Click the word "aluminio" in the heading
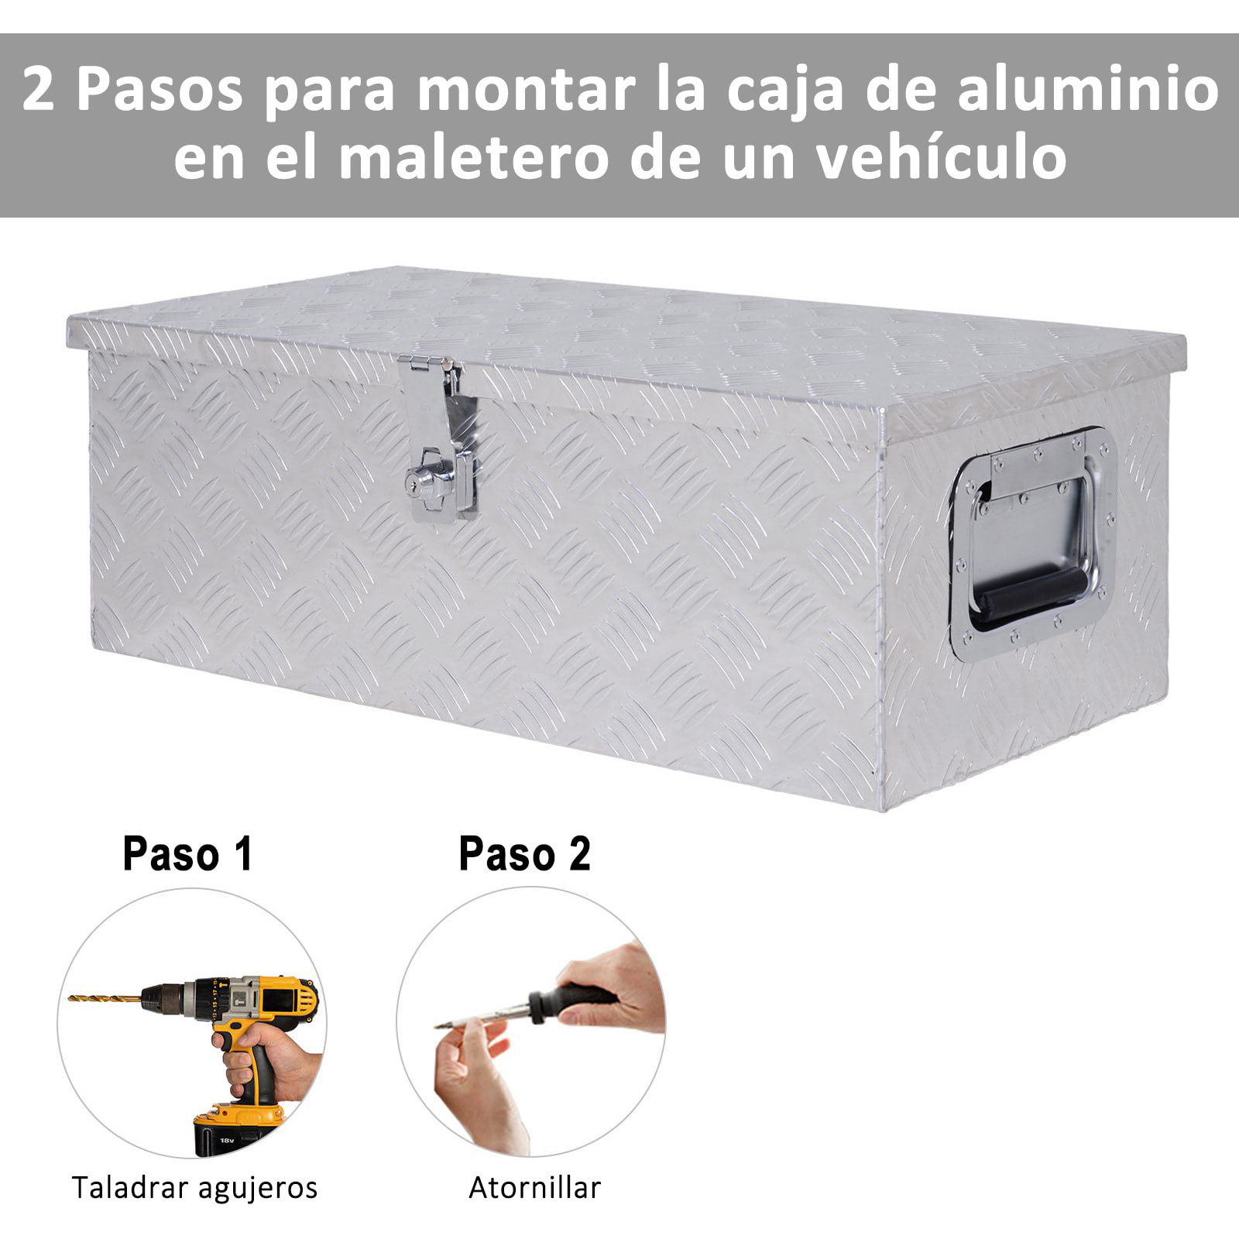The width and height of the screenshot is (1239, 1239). pos(1088,90)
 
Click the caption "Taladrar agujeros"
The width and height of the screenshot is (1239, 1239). pos(194,1187)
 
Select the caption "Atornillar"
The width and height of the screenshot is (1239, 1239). pos(534,1187)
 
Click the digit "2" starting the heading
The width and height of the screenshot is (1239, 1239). pos(38,90)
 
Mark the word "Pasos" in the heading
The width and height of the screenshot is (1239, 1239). pos(160,90)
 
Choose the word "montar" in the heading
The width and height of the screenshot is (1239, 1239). pos(527,90)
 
